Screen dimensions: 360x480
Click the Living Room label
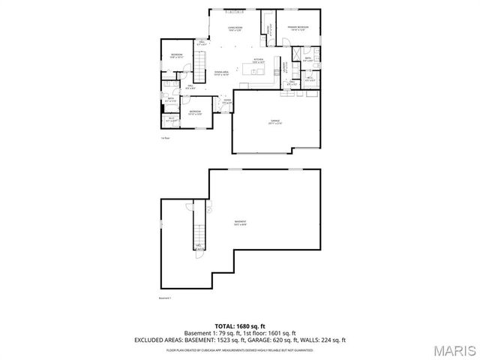tap(235, 28)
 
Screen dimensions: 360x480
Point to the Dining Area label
tap(221, 73)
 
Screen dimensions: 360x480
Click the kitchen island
tap(255, 72)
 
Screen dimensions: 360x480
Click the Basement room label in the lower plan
tap(240, 222)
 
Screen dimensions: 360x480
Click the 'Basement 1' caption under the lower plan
tap(166, 298)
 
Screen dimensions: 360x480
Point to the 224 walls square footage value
tap(327, 340)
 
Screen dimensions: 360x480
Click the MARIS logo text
tap(454, 350)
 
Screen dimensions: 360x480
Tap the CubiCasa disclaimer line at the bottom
tap(239, 349)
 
